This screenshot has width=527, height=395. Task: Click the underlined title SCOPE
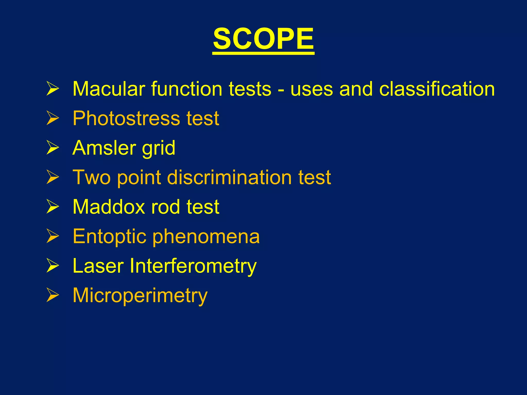(x=263, y=39)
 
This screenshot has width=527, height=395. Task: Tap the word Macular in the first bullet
(x=109, y=89)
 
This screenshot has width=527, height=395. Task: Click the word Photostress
(x=126, y=119)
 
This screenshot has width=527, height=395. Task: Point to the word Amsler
(x=104, y=148)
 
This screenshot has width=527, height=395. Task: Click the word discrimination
(x=230, y=177)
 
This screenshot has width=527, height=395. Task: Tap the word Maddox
(x=109, y=207)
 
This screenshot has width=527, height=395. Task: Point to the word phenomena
(x=206, y=237)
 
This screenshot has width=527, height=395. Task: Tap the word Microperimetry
(x=140, y=296)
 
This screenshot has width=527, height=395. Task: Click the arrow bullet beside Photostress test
(x=53, y=118)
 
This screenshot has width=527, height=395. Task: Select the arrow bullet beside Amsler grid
(x=53, y=148)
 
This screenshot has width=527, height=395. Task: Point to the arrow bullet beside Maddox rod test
(x=53, y=207)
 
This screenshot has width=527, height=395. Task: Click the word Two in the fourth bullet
(x=91, y=177)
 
